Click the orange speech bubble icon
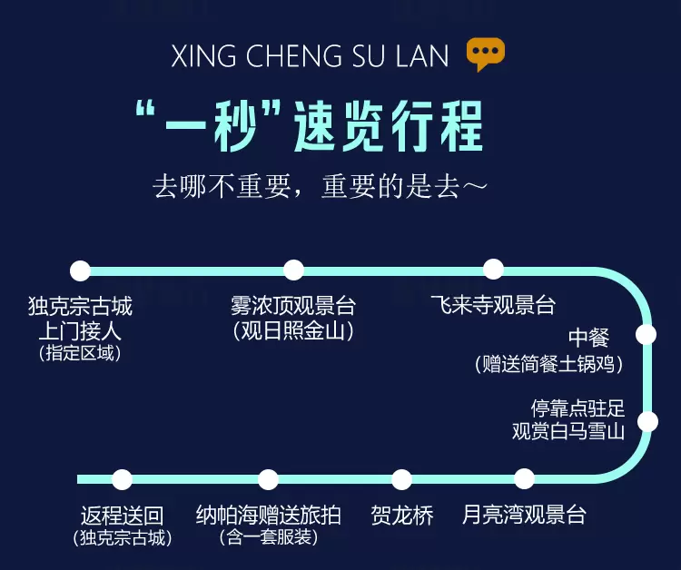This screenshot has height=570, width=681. click(485, 54)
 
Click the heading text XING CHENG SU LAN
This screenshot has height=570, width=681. click(310, 57)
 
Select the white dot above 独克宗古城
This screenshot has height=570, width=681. click(81, 270)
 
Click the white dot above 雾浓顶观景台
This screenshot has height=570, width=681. click(293, 270)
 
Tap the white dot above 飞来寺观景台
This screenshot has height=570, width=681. click(493, 269)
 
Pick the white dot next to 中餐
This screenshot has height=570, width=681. click(646, 334)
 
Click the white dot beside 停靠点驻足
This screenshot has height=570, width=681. click(648, 421)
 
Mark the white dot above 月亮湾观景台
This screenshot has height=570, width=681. click(524, 479)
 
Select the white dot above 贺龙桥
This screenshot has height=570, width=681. click(401, 479)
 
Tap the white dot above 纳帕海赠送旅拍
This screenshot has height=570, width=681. click(268, 479)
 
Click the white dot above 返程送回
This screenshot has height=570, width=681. click(122, 479)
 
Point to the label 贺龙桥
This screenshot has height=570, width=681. click(402, 516)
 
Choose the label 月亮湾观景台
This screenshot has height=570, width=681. click(524, 516)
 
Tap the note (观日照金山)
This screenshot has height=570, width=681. click(292, 331)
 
